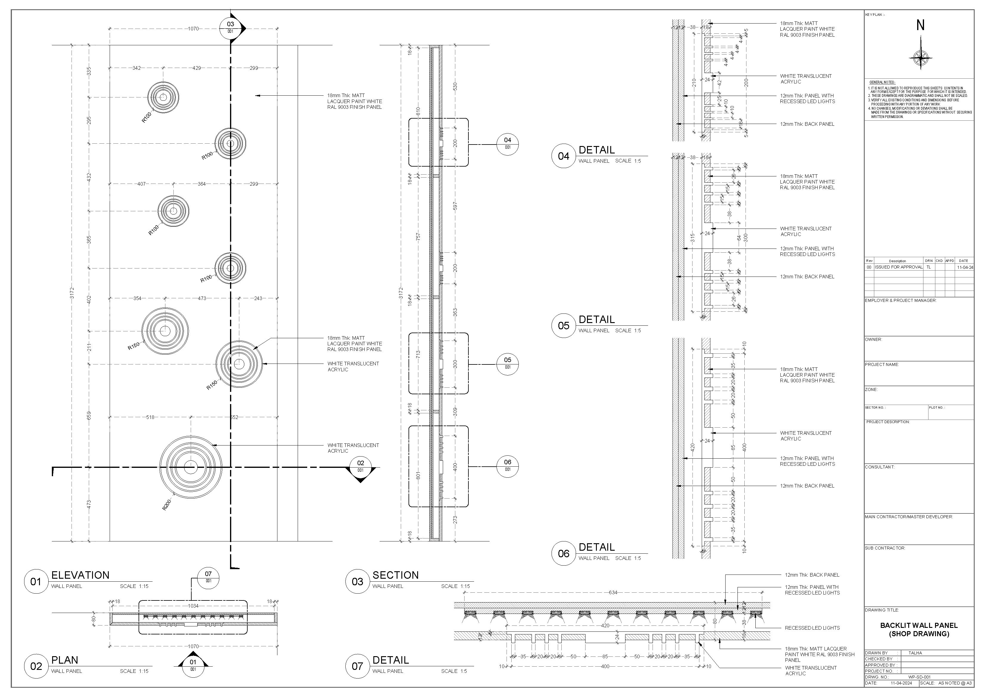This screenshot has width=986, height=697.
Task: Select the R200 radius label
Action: point(167,504)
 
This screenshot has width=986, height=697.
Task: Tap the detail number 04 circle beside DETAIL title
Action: point(563,156)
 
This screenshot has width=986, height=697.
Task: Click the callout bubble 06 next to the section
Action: point(507,465)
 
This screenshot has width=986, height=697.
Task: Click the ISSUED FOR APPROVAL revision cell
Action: point(898,267)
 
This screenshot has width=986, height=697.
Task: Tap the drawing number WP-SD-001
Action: point(919,677)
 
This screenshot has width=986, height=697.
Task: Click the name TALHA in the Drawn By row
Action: point(915,653)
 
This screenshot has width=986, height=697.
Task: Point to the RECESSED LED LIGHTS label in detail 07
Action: point(812,628)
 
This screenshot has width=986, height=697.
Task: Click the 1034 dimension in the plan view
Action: point(193,606)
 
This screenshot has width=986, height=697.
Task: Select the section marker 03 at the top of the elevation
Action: point(231,27)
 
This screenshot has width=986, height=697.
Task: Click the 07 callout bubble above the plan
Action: point(208,576)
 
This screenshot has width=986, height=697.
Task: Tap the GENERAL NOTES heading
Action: point(882,82)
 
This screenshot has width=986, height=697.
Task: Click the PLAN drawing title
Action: point(65,660)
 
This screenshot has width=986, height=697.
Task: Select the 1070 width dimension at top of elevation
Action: point(193,29)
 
